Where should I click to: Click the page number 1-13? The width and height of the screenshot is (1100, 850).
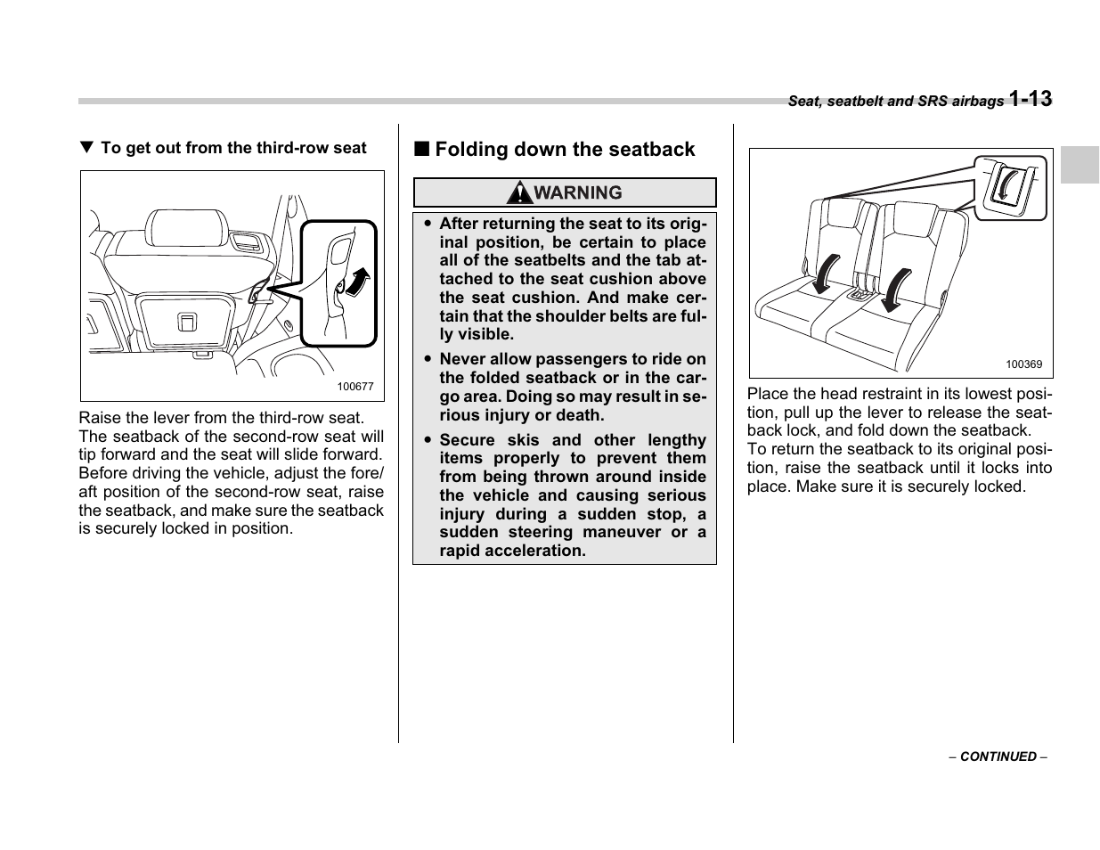tap(1031, 99)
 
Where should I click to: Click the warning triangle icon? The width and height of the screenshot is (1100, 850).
tap(519, 192)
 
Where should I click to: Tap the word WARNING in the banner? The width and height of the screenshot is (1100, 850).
tap(578, 192)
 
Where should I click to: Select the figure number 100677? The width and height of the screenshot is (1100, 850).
tap(355, 387)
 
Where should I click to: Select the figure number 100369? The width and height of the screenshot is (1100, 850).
tap(1023, 364)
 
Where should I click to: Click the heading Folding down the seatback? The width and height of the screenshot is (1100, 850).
tap(565, 150)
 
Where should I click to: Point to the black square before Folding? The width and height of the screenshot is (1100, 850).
tap(420, 150)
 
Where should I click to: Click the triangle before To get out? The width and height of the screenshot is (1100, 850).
tap(86, 148)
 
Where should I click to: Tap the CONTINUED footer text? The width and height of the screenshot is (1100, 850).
tap(998, 756)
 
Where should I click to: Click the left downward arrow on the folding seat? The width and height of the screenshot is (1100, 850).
tap(825, 273)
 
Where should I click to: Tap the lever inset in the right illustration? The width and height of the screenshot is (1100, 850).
tap(1010, 187)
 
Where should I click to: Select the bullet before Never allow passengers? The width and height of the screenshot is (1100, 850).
tap(428, 360)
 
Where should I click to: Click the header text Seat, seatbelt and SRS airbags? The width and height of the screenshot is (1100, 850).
tap(895, 102)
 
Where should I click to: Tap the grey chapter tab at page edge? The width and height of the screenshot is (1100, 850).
tap(1080, 165)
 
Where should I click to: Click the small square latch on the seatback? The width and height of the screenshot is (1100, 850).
tap(187, 322)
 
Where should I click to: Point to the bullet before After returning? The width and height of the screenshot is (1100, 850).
tap(428, 225)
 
